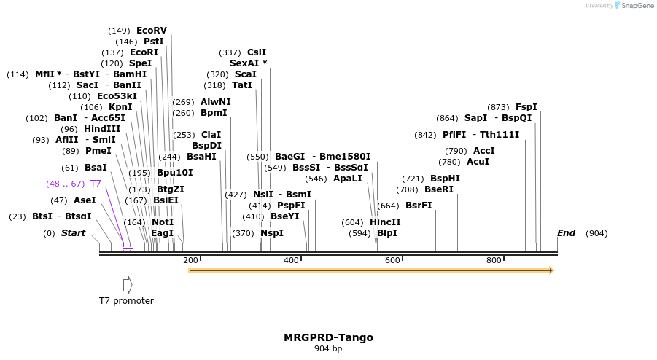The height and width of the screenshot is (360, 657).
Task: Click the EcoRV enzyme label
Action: click(151, 31)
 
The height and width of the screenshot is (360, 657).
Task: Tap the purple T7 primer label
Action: click(96, 184)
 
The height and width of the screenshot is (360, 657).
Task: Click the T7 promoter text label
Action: click(126, 300)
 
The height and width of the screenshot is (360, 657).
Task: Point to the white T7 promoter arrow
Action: click(128, 284)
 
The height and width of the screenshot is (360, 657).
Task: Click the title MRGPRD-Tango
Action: click(328, 337)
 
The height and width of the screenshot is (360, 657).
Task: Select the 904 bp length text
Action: click(328, 348)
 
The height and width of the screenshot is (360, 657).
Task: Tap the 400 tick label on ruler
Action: click(291, 260)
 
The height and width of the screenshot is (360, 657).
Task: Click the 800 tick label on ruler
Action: click(494, 260)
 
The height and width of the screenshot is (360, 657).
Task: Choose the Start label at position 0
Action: click(73, 233)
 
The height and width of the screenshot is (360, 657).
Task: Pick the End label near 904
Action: click(566, 233)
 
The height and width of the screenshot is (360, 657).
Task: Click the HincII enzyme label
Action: click(385, 222)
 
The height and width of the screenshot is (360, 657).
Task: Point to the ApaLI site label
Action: click(347, 179)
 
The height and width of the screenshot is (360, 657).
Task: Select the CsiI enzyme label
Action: click(257, 52)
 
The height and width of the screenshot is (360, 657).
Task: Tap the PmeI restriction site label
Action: click(98, 151)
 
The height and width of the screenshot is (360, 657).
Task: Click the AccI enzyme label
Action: click(484, 151)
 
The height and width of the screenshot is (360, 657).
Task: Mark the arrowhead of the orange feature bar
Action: click(551, 270)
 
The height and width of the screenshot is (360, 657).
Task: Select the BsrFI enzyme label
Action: click(419, 206)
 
